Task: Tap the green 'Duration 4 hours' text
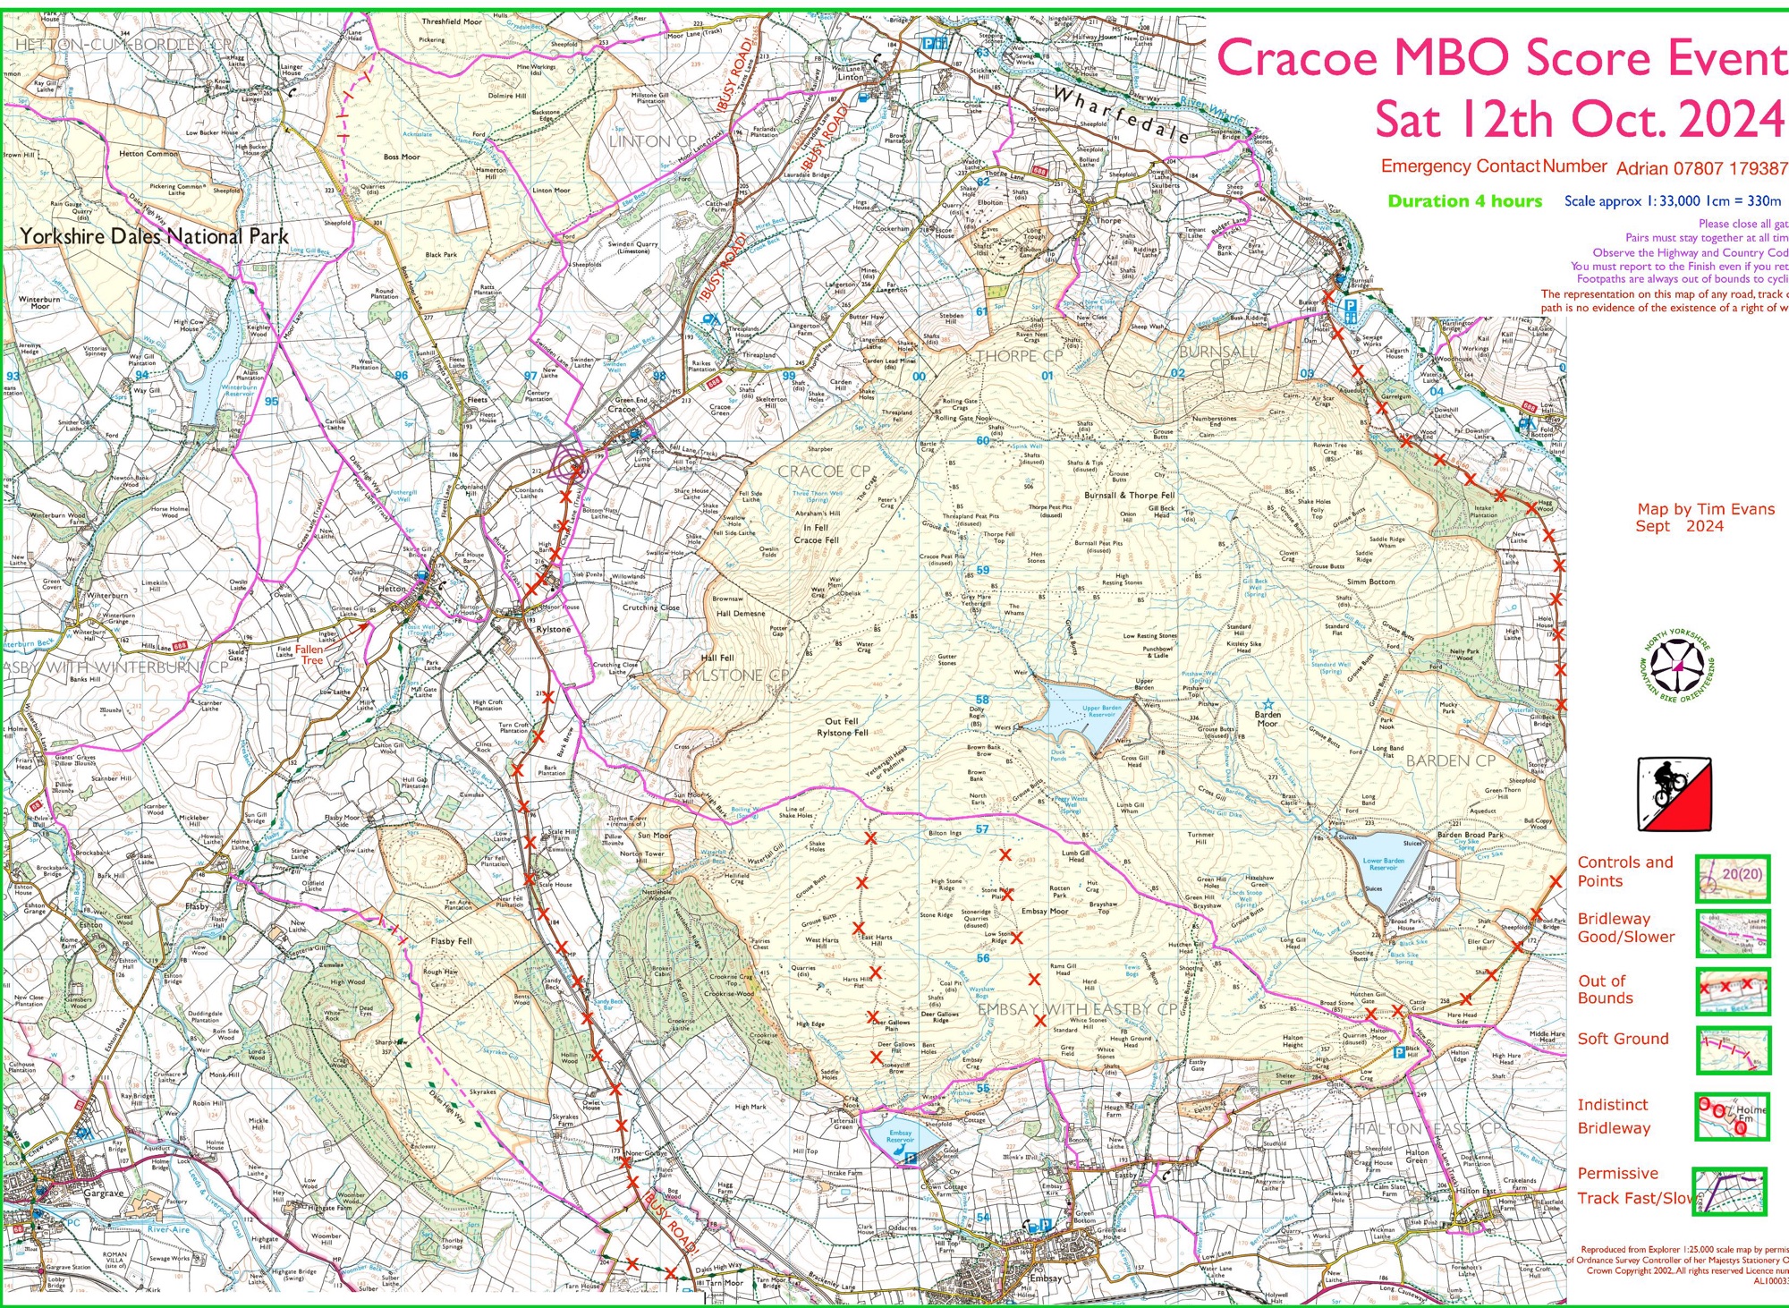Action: [x=1464, y=201]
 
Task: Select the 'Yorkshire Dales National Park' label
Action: [x=154, y=237]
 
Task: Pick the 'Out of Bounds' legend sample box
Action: [x=1734, y=990]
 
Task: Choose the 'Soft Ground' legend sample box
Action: [x=1734, y=1050]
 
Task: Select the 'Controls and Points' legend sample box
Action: [x=1733, y=878]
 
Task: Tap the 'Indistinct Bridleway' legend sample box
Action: [x=1732, y=1116]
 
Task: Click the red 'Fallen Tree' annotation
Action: [x=309, y=655]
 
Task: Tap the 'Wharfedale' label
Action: [x=1120, y=115]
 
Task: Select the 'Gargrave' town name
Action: [x=104, y=1193]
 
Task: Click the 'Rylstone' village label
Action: [x=553, y=629]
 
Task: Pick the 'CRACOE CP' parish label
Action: [x=823, y=471]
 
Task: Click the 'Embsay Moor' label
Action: [x=1045, y=911]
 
